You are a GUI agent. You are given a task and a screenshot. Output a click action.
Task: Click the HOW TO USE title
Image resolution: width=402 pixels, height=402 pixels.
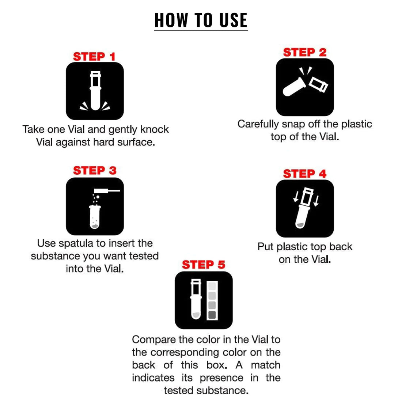click(x=201, y=20)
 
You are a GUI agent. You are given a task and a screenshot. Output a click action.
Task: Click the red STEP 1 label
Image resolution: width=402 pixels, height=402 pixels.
click(x=94, y=57)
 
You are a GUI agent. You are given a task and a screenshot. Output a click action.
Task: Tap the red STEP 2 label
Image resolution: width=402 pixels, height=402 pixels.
click(x=304, y=53)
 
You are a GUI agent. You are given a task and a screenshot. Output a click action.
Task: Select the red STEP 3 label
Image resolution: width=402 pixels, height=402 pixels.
click(x=94, y=171)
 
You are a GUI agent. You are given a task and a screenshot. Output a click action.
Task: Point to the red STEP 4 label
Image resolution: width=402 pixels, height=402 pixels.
click(x=304, y=174)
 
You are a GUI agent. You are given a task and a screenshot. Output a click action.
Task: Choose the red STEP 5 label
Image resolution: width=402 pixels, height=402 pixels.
click(x=204, y=265)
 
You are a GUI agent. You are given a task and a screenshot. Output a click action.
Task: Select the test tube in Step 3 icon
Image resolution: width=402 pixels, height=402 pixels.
click(x=95, y=217)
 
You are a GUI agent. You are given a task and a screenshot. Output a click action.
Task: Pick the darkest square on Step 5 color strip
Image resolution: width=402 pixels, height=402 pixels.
click(x=212, y=315)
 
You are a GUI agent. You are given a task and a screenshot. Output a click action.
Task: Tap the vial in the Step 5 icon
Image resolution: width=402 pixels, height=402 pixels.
click(x=196, y=300)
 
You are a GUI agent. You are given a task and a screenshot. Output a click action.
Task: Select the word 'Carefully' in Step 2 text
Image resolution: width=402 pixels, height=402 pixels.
click(x=258, y=124)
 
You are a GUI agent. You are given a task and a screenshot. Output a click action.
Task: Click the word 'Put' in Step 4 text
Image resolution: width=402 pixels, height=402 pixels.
click(x=266, y=247)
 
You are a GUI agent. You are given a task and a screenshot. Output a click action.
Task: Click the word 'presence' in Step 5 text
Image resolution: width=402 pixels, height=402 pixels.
click(x=221, y=378)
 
